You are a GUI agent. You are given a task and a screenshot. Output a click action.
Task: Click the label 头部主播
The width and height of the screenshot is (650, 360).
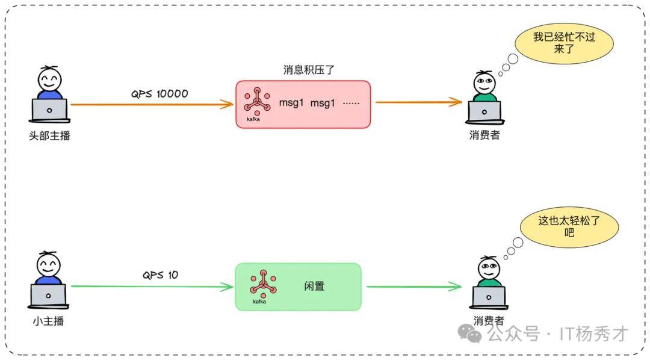tap(49, 136)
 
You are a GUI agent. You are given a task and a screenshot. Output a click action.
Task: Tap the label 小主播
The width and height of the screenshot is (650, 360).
tap(48, 321)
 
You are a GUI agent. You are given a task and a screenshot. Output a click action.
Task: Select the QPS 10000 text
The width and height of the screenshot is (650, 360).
tap(159, 94)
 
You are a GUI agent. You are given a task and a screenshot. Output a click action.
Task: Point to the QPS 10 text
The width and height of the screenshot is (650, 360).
tap(160, 275)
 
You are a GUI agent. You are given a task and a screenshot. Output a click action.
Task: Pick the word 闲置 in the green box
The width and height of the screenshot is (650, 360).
tap(314, 287)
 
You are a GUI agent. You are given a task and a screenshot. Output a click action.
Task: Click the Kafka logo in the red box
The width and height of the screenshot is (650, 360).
tap(257, 102)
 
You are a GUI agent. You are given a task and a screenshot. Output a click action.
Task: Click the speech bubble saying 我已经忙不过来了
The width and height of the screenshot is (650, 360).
tap(563, 43)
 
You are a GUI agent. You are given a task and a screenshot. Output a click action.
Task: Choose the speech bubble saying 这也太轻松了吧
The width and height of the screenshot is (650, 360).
tap(569, 226)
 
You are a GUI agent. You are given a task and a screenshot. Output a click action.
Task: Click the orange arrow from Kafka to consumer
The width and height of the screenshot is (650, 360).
tap(419, 102)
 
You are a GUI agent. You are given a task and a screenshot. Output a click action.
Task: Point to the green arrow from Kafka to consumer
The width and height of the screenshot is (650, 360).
tap(414, 287)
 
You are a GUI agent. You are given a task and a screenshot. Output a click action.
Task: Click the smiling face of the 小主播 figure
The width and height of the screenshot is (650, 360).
tap(49, 264)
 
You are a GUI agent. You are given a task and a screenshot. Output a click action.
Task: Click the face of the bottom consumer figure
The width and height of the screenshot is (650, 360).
tap(488, 268)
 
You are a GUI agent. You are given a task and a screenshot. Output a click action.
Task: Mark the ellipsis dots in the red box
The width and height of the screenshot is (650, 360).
tap(351, 104)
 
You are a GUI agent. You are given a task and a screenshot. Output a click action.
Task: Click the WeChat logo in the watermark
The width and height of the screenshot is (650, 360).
tap(470, 332)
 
